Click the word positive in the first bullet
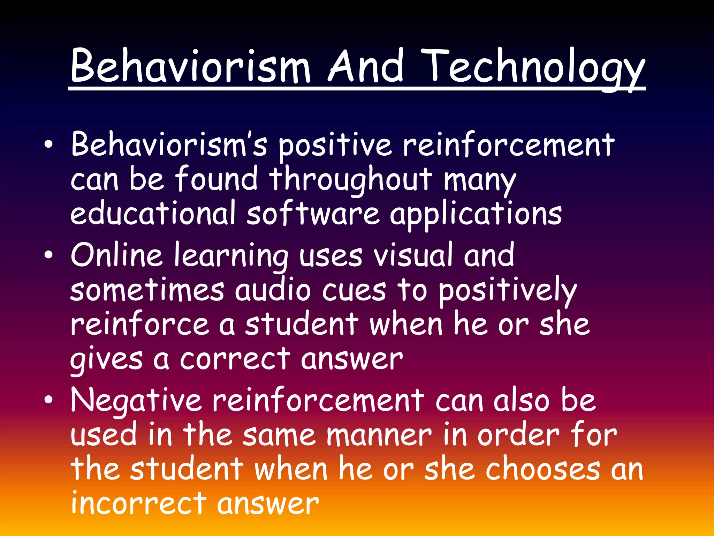(334, 146)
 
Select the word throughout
(350, 180)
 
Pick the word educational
(153, 213)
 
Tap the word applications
(476, 214)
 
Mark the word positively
(507, 291)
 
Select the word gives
(106, 359)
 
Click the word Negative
(136, 401)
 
